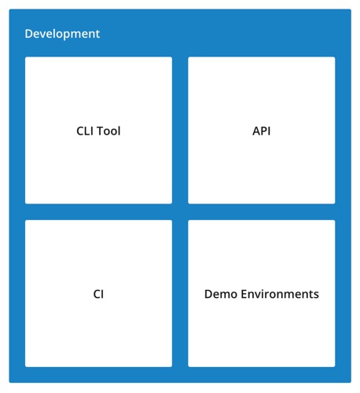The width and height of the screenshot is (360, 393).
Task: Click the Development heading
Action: click(x=62, y=34)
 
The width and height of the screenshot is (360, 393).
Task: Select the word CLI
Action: click(x=85, y=131)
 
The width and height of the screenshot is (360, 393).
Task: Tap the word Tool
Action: click(x=109, y=131)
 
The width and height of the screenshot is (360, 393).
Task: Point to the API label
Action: click(x=262, y=131)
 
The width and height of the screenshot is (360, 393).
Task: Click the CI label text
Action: click(x=98, y=294)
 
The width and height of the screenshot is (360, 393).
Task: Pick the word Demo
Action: click(x=221, y=294)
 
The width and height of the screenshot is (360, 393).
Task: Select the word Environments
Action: click(x=280, y=294)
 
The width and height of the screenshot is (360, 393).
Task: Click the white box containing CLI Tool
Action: click(x=98, y=130)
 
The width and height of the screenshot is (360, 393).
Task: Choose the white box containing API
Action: click(x=262, y=130)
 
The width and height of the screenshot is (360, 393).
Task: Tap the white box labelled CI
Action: click(x=98, y=293)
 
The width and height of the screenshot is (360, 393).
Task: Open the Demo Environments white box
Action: click(x=262, y=293)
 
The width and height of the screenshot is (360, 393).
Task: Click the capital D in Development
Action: click(x=29, y=34)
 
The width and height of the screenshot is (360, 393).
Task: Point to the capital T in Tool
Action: click(x=101, y=131)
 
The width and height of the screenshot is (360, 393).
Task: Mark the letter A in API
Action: click(x=256, y=131)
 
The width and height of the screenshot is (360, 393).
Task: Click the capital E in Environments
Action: click(x=244, y=294)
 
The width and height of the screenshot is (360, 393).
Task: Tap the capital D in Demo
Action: click(x=208, y=294)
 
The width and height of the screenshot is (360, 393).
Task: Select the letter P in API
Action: click(x=265, y=131)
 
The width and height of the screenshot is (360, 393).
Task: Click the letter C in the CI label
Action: click(x=97, y=294)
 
